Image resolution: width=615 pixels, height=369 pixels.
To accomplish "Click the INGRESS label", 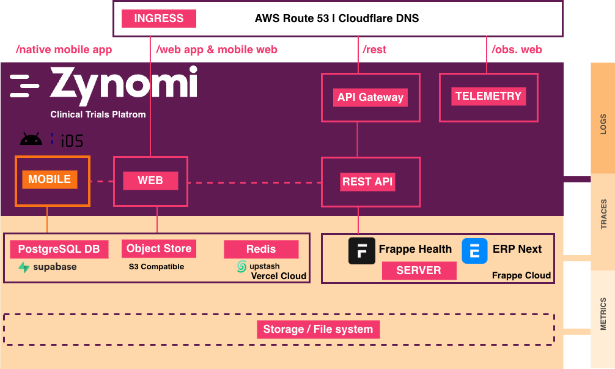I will (158, 18).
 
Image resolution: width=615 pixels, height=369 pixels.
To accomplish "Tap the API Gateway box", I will (370, 97).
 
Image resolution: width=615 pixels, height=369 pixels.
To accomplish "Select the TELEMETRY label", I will (488, 96).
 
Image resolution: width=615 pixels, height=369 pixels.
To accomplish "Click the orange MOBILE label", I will (50, 180).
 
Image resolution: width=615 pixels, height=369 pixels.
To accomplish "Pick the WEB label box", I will (150, 181).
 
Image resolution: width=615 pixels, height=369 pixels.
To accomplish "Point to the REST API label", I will (367, 182).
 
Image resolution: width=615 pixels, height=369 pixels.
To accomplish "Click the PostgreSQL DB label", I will (59, 249).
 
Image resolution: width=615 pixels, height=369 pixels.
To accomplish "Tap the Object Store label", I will (159, 248).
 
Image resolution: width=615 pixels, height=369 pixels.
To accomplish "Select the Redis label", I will (261, 249).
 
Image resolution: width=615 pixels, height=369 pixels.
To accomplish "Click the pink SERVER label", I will (419, 270).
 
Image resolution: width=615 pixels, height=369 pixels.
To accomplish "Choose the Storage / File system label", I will (318, 329).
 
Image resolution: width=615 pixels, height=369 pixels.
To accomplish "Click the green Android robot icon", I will (31, 140).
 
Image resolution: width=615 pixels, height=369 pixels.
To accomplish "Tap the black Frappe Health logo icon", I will (361, 251).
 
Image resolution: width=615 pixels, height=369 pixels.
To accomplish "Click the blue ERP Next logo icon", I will (474, 251).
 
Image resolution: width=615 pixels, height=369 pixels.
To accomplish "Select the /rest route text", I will (375, 50).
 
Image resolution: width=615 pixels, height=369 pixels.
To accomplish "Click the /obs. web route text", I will (517, 50).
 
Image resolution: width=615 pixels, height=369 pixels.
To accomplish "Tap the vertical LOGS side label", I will (603, 124).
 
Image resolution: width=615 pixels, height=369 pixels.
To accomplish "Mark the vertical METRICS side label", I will (603, 314).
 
